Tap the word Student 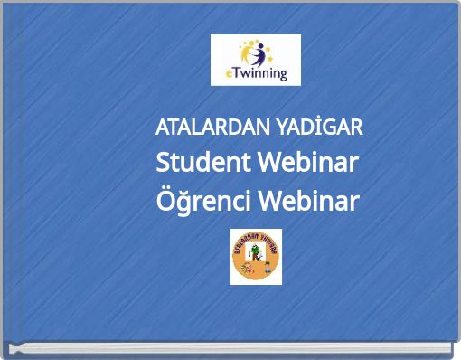pos(203,164)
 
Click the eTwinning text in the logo pos(257,74)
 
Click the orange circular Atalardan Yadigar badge pos(256,257)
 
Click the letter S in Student pos(164,164)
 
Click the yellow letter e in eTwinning pos(229,75)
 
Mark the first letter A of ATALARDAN pos(162,128)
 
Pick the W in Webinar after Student pos(269,164)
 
